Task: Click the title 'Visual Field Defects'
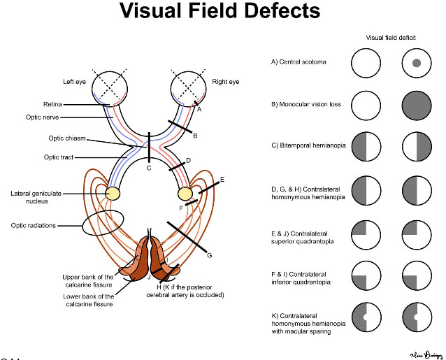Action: click(220, 12)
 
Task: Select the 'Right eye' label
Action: click(225, 82)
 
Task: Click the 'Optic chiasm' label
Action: click(68, 138)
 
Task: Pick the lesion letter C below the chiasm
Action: click(148, 168)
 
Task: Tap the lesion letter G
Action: click(209, 256)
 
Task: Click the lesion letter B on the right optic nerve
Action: click(196, 135)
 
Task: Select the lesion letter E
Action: click(222, 180)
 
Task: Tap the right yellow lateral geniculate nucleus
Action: click(186, 192)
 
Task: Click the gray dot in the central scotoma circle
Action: click(416, 64)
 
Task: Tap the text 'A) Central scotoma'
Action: click(298, 62)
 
